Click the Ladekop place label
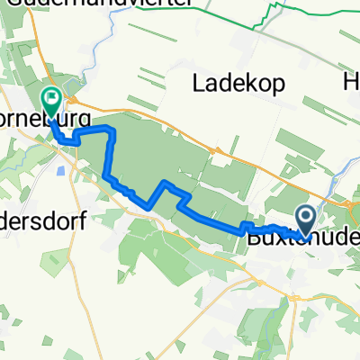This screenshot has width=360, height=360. pos(239,84)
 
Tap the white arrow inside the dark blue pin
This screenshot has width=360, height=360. pos(305,215)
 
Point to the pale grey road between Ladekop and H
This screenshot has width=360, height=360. pos(310,90)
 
